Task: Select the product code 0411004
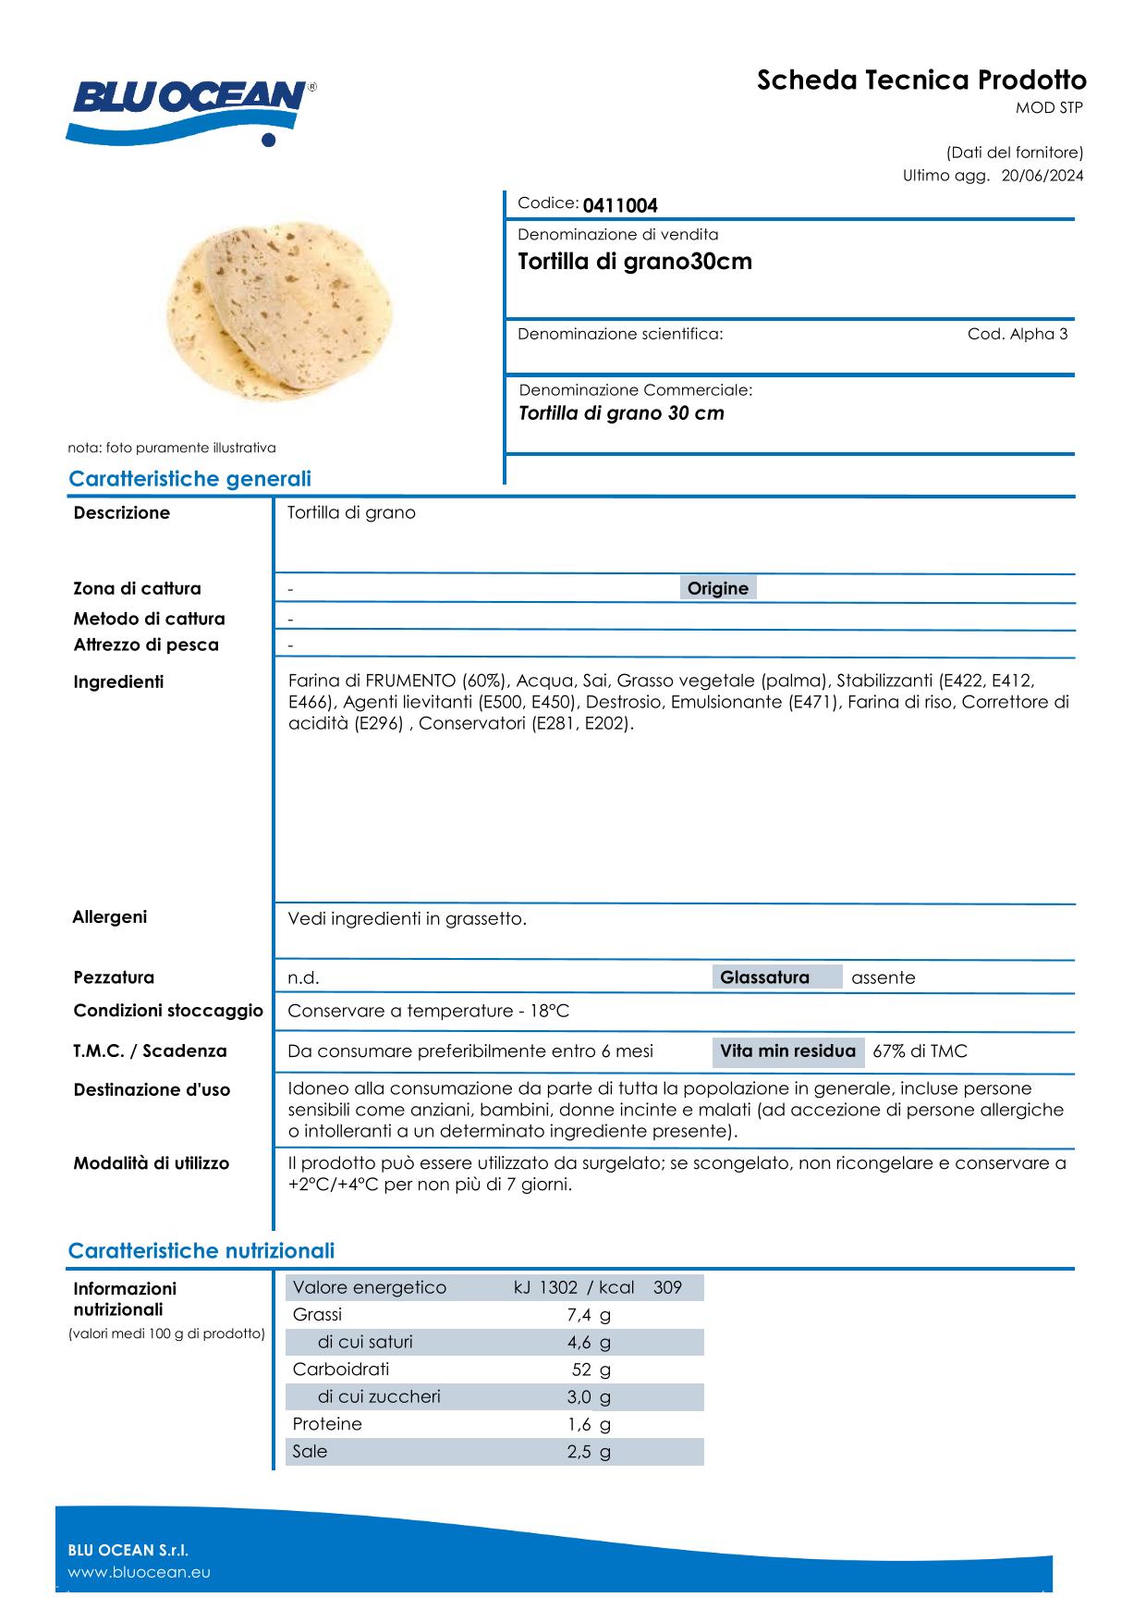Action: pyautogui.click(x=620, y=205)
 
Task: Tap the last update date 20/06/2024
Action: pyautogui.click(x=1042, y=176)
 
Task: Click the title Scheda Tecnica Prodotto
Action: pyautogui.click(x=921, y=80)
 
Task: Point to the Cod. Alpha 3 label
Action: pyautogui.click(x=1018, y=334)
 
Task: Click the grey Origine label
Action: pyautogui.click(x=718, y=588)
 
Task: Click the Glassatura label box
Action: pyautogui.click(x=764, y=977)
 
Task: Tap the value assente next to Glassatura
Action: pyautogui.click(x=883, y=977)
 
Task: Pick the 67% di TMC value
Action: pyautogui.click(x=920, y=1051)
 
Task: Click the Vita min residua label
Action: pyautogui.click(x=787, y=1051)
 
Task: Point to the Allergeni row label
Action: pyautogui.click(x=109, y=917)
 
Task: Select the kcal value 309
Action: pyautogui.click(x=667, y=1287)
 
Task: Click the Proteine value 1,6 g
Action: pyautogui.click(x=589, y=1424)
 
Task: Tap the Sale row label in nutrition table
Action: pyautogui.click(x=310, y=1451)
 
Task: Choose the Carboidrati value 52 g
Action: pyautogui.click(x=591, y=1370)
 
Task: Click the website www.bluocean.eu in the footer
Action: pyautogui.click(x=140, y=1572)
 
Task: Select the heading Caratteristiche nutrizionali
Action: pyautogui.click(x=201, y=1251)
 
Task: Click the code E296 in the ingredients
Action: pyautogui.click(x=379, y=722)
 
